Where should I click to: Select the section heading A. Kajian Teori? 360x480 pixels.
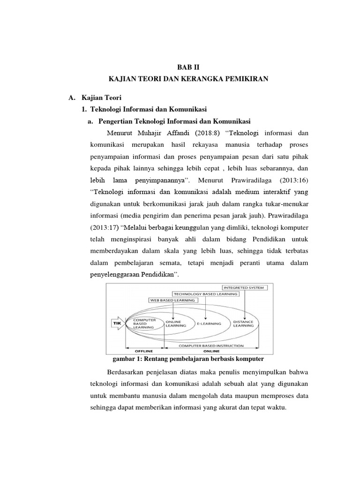95,98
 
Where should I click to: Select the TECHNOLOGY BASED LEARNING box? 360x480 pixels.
206,293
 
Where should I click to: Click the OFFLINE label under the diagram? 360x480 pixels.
144,350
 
